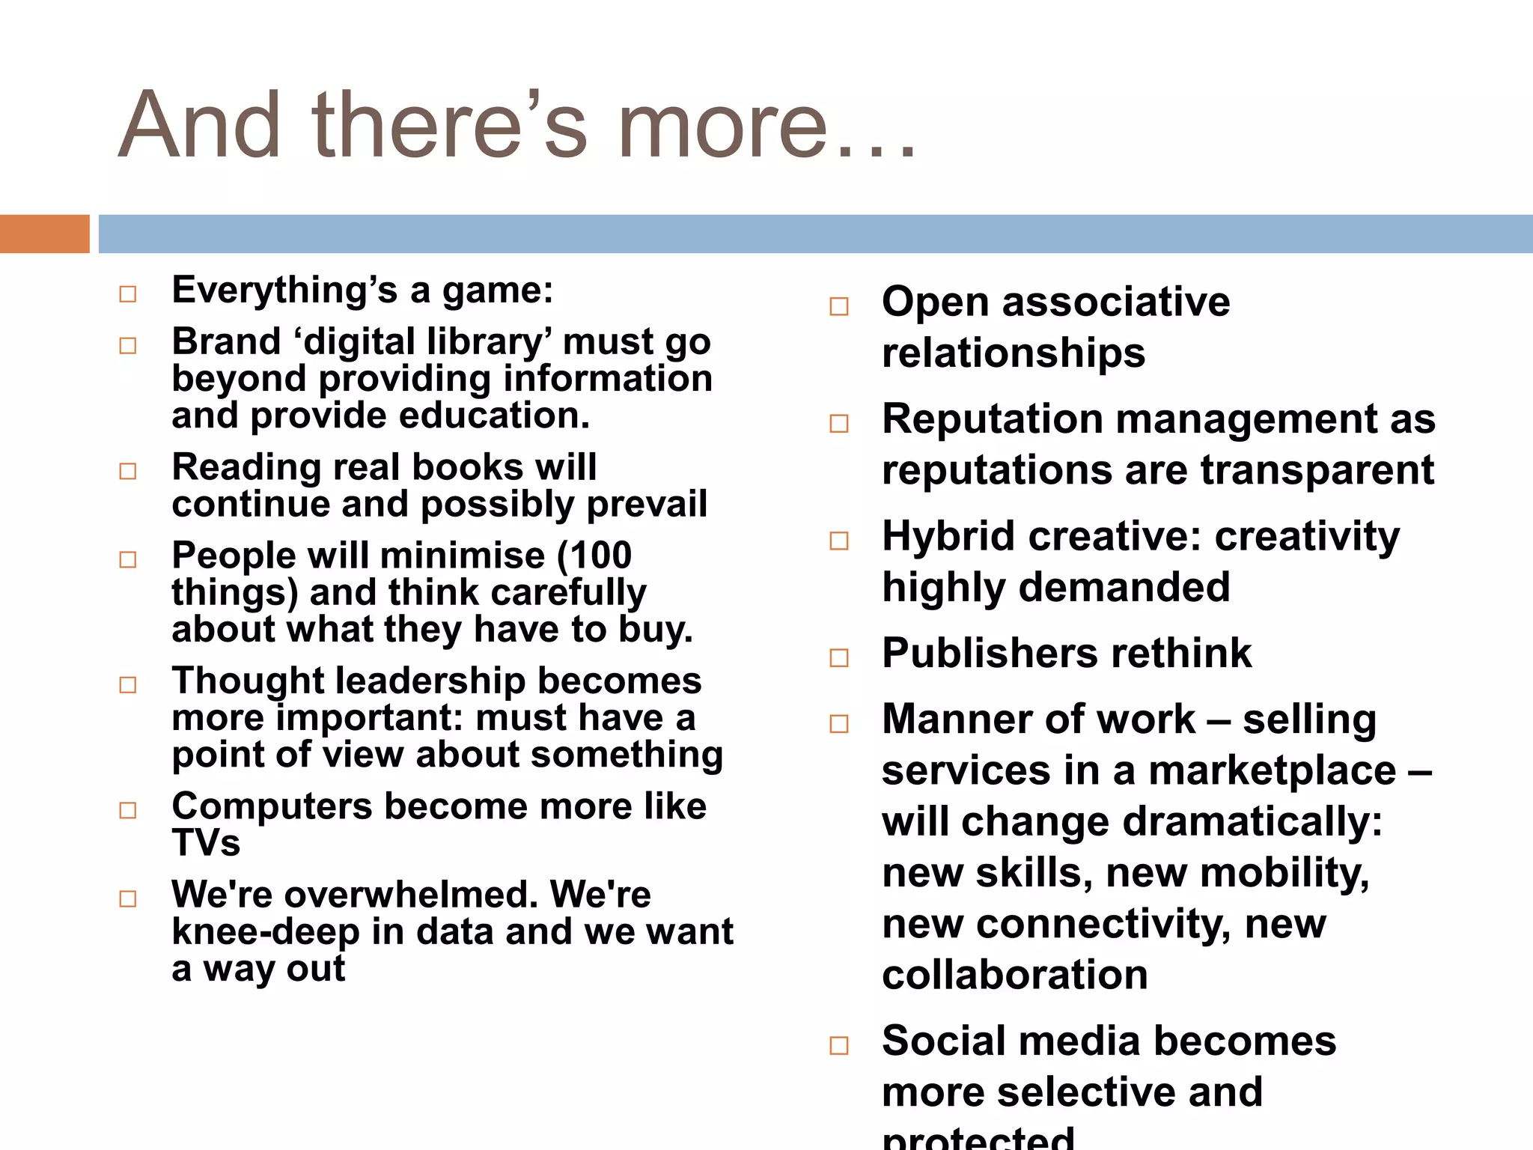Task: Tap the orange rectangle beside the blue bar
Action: [44, 234]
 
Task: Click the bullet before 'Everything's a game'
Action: [128, 294]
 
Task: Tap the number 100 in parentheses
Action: [600, 556]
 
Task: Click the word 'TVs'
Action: [206, 843]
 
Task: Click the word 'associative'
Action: [1115, 302]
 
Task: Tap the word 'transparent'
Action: [1317, 471]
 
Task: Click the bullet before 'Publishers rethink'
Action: [839, 658]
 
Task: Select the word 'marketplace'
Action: [1272, 771]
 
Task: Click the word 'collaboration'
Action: [1015, 976]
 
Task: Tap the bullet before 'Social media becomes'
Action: [839, 1046]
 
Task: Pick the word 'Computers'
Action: [272, 807]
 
